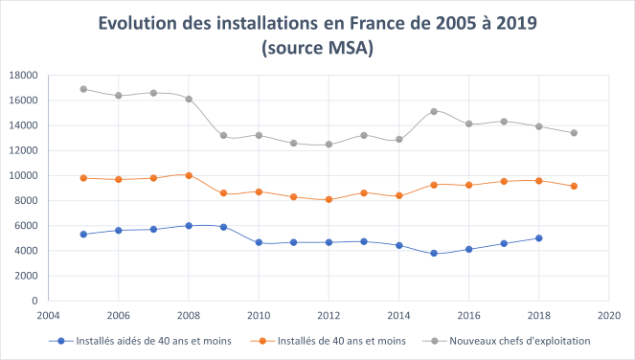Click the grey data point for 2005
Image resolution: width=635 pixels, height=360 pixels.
83,89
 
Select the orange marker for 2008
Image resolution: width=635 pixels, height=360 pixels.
189,175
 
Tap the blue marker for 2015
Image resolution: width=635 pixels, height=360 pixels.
433,253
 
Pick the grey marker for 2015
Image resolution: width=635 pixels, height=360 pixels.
433,111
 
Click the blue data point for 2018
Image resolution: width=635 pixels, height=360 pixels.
538,238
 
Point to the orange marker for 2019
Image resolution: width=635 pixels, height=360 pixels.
574,186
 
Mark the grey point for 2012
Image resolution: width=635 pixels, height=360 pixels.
329,145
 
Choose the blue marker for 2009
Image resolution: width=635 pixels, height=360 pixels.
223,227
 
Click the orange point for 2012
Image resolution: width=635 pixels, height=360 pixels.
329,199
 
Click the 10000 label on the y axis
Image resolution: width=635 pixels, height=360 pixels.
22,175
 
